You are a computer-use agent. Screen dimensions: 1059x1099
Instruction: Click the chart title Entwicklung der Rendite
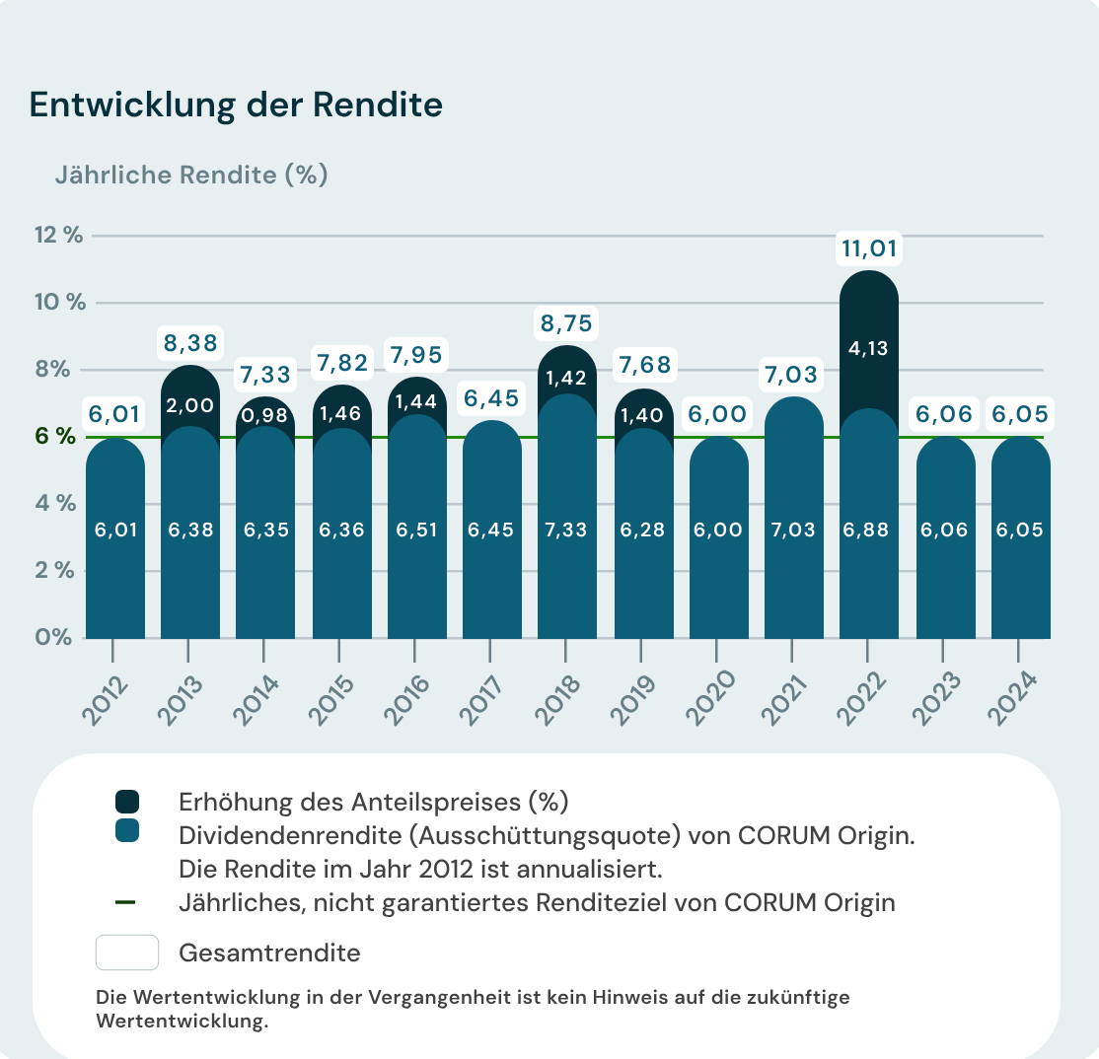236,106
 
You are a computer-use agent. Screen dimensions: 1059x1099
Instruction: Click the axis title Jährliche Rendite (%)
191,176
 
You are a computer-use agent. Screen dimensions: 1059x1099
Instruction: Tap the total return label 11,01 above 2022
868,248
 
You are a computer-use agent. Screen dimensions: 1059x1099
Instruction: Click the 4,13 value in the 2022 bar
868,348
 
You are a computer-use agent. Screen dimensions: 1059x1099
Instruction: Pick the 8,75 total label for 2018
567,322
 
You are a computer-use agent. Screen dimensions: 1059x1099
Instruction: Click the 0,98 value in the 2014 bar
264,415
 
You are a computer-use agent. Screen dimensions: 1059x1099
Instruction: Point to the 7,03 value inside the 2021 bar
793,529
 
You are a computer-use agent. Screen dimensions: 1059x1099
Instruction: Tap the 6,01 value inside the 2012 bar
114,529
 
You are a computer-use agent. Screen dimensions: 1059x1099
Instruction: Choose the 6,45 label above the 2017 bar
490,399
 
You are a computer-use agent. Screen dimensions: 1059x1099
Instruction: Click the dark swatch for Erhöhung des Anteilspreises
127,802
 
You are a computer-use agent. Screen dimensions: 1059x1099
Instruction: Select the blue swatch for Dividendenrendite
127,831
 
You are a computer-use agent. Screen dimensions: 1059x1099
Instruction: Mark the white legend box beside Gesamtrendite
127,953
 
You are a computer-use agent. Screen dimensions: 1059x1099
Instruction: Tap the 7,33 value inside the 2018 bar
566,529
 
